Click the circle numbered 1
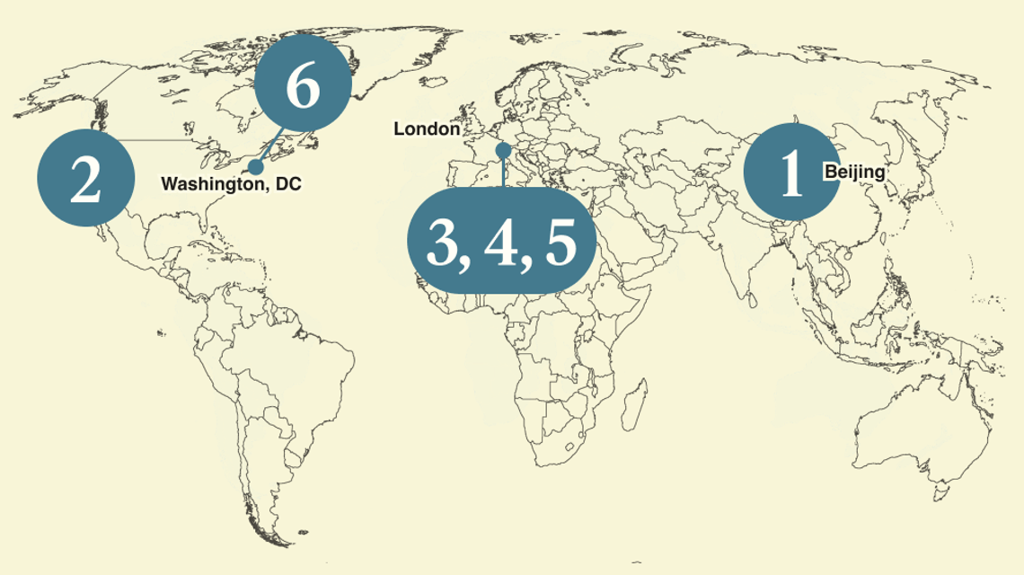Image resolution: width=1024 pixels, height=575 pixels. tap(791, 171)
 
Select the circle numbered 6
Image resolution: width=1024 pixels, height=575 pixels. tap(302, 86)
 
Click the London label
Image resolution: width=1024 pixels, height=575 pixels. tap(427, 129)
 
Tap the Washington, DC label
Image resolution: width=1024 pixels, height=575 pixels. tap(231, 184)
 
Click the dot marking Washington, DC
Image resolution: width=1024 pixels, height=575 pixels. tap(256, 167)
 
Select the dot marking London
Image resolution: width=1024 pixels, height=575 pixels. tap(503, 149)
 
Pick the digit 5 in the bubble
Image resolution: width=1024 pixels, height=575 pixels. tap(559, 243)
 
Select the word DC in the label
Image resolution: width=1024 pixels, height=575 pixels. tap(289, 184)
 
